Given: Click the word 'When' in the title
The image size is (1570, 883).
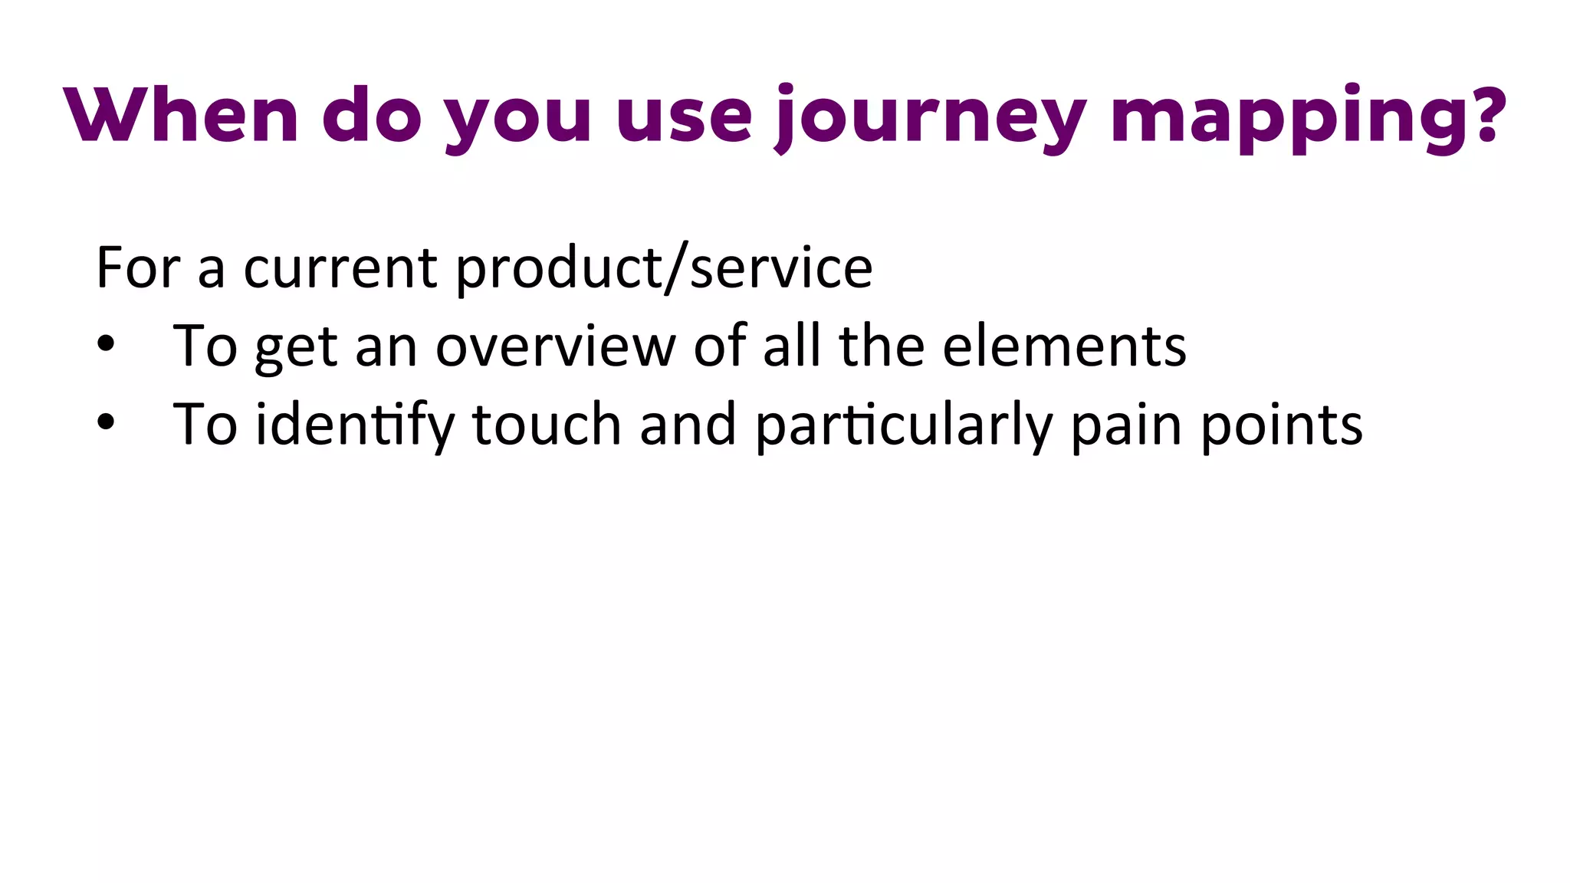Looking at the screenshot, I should coord(181,115).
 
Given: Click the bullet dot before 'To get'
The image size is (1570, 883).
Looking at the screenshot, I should coord(106,344).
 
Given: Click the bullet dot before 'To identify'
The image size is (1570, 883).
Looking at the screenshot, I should coord(106,422).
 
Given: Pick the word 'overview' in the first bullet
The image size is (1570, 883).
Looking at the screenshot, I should coord(555,346).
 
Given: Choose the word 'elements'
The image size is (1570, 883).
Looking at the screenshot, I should coord(1064,346).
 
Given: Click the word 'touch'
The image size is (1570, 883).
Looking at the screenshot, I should coord(546,424).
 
